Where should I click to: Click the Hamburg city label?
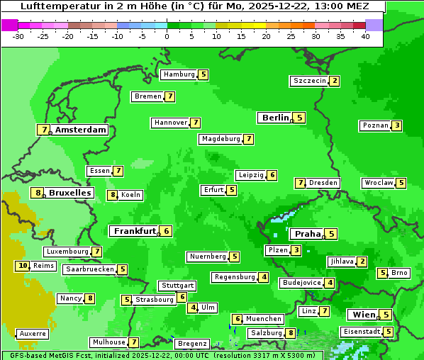coord(179,74)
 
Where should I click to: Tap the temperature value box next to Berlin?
coord(300,118)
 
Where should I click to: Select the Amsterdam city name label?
coord(81,130)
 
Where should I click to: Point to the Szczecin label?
coord(310,81)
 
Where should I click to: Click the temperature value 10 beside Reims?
coord(23,266)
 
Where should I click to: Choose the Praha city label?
coord(308,234)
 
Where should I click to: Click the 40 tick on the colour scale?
coord(365,36)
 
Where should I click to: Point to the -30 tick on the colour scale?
coord(18,36)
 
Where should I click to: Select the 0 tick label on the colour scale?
coord(167,36)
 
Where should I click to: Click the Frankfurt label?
coord(135,231)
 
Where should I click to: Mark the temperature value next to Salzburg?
coord(291,333)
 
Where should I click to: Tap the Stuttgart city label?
coord(177,286)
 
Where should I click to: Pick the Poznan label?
coord(376,125)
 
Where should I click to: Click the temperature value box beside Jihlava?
coord(362,261)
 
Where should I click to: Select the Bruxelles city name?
coord(70,193)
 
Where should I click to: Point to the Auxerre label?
coord(33,333)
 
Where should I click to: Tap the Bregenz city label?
coord(191,344)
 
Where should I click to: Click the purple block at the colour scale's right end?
coord(374,25)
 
